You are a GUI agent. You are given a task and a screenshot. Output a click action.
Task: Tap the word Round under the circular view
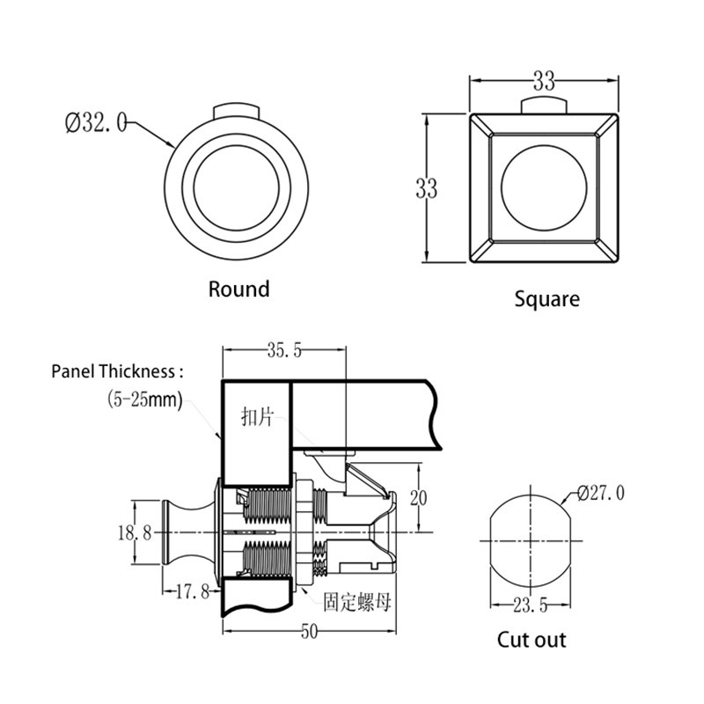[238, 289]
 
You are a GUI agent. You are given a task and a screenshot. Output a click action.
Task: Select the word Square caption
[546, 299]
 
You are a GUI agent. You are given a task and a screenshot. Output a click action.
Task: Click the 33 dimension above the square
[544, 82]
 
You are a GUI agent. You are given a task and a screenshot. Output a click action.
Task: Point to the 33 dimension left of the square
[427, 187]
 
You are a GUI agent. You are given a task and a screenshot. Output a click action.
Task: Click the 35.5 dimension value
[284, 351]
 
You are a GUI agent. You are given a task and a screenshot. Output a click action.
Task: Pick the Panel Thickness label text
[118, 371]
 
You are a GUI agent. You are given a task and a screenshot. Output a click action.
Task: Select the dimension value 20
[418, 499]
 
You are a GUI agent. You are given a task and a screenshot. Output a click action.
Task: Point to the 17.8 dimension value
[191, 591]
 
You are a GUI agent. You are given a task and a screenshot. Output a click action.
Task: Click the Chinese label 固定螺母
[356, 603]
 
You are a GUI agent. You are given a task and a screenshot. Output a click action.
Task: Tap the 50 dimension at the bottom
[308, 631]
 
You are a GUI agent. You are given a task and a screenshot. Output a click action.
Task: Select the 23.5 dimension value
[531, 605]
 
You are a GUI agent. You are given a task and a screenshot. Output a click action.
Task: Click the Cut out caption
[532, 640]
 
